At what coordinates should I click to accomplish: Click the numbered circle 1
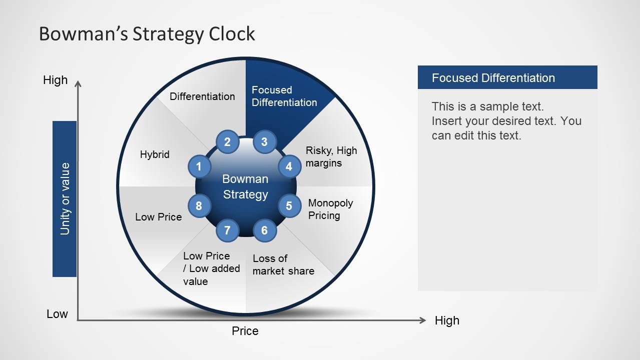coord(199,166)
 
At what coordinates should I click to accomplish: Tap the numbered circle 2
coord(227,142)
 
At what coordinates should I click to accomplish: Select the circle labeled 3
coord(265,142)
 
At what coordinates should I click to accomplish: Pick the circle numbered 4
coord(289,166)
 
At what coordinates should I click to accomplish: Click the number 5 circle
coord(289,205)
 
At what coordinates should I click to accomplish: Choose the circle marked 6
coord(265,230)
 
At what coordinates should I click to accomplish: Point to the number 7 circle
coord(227,230)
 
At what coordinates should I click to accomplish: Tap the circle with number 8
coord(199,205)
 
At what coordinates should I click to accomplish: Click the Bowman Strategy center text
coord(245,186)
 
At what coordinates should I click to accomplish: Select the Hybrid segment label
coord(155,154)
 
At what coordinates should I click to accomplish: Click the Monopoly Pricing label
coord(330,209)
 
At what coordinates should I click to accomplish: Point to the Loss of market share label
coord(283,264)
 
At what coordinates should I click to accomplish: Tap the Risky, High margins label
coord(331,156)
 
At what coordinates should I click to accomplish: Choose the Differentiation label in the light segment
coord(202,96)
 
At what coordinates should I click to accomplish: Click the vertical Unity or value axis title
coord(65,198)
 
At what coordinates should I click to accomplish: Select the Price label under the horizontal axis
coord(245,331)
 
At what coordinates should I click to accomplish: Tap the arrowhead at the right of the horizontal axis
coord(423,320)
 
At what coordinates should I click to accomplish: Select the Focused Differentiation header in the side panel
coord(493,78)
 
